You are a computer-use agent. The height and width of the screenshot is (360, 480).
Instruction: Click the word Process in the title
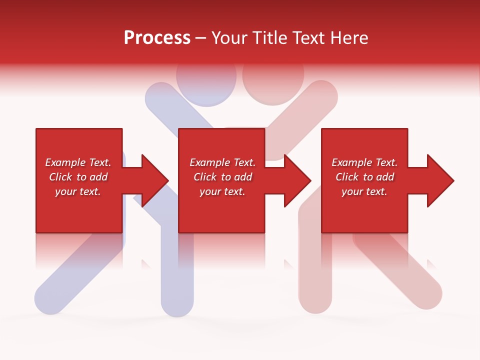pyautogui.click(x=157, y=38)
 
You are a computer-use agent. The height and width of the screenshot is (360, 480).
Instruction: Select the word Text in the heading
pyautogui.click(x=309, y=38)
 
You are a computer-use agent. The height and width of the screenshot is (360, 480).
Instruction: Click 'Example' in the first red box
pyautogui.click(x=64, y=162)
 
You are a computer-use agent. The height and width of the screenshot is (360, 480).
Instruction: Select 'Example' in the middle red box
pyautogui.click(x=209, y=162)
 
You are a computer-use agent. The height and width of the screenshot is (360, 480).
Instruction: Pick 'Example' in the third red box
pyautogui.click(x=351, y=162)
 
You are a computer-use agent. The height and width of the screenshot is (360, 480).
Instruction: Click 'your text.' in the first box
pyautogui.click(x=78, y=191)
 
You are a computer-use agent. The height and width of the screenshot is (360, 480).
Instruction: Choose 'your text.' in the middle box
pyautogui.click(x=222, y=191)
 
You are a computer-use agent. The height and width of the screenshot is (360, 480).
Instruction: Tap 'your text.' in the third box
pyautogui.click(x=364, y=191)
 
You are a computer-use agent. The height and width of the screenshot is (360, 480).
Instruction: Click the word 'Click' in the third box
pyautogui.click(x=347, y=177)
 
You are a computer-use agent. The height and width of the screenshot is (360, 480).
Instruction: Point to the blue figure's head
pyautogui.click(x=206, y=80)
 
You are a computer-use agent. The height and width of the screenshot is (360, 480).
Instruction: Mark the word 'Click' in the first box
pyautogui.click(x=60, y=177)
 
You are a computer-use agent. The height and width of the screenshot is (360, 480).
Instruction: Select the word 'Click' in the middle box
pyautogui.click(x=205, y=177)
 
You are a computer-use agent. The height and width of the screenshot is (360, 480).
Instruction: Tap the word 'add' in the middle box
pyautogui.click(x=243, y=177)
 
